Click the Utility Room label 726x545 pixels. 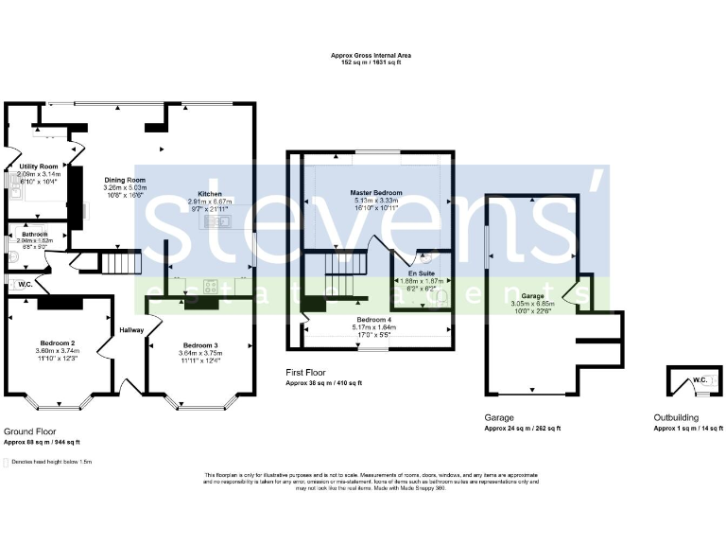click(39, 167)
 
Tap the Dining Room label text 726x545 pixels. click(125, 180)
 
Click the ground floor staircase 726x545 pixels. click(120, 260)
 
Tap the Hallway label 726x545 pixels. click(130, 330)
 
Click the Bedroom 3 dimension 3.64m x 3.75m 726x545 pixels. click(200, 354)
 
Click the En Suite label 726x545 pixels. click(421, 273)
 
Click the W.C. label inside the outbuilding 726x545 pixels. click(700, 381)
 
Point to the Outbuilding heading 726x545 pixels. click(677, 417)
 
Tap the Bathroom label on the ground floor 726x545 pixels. click(35, 234)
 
